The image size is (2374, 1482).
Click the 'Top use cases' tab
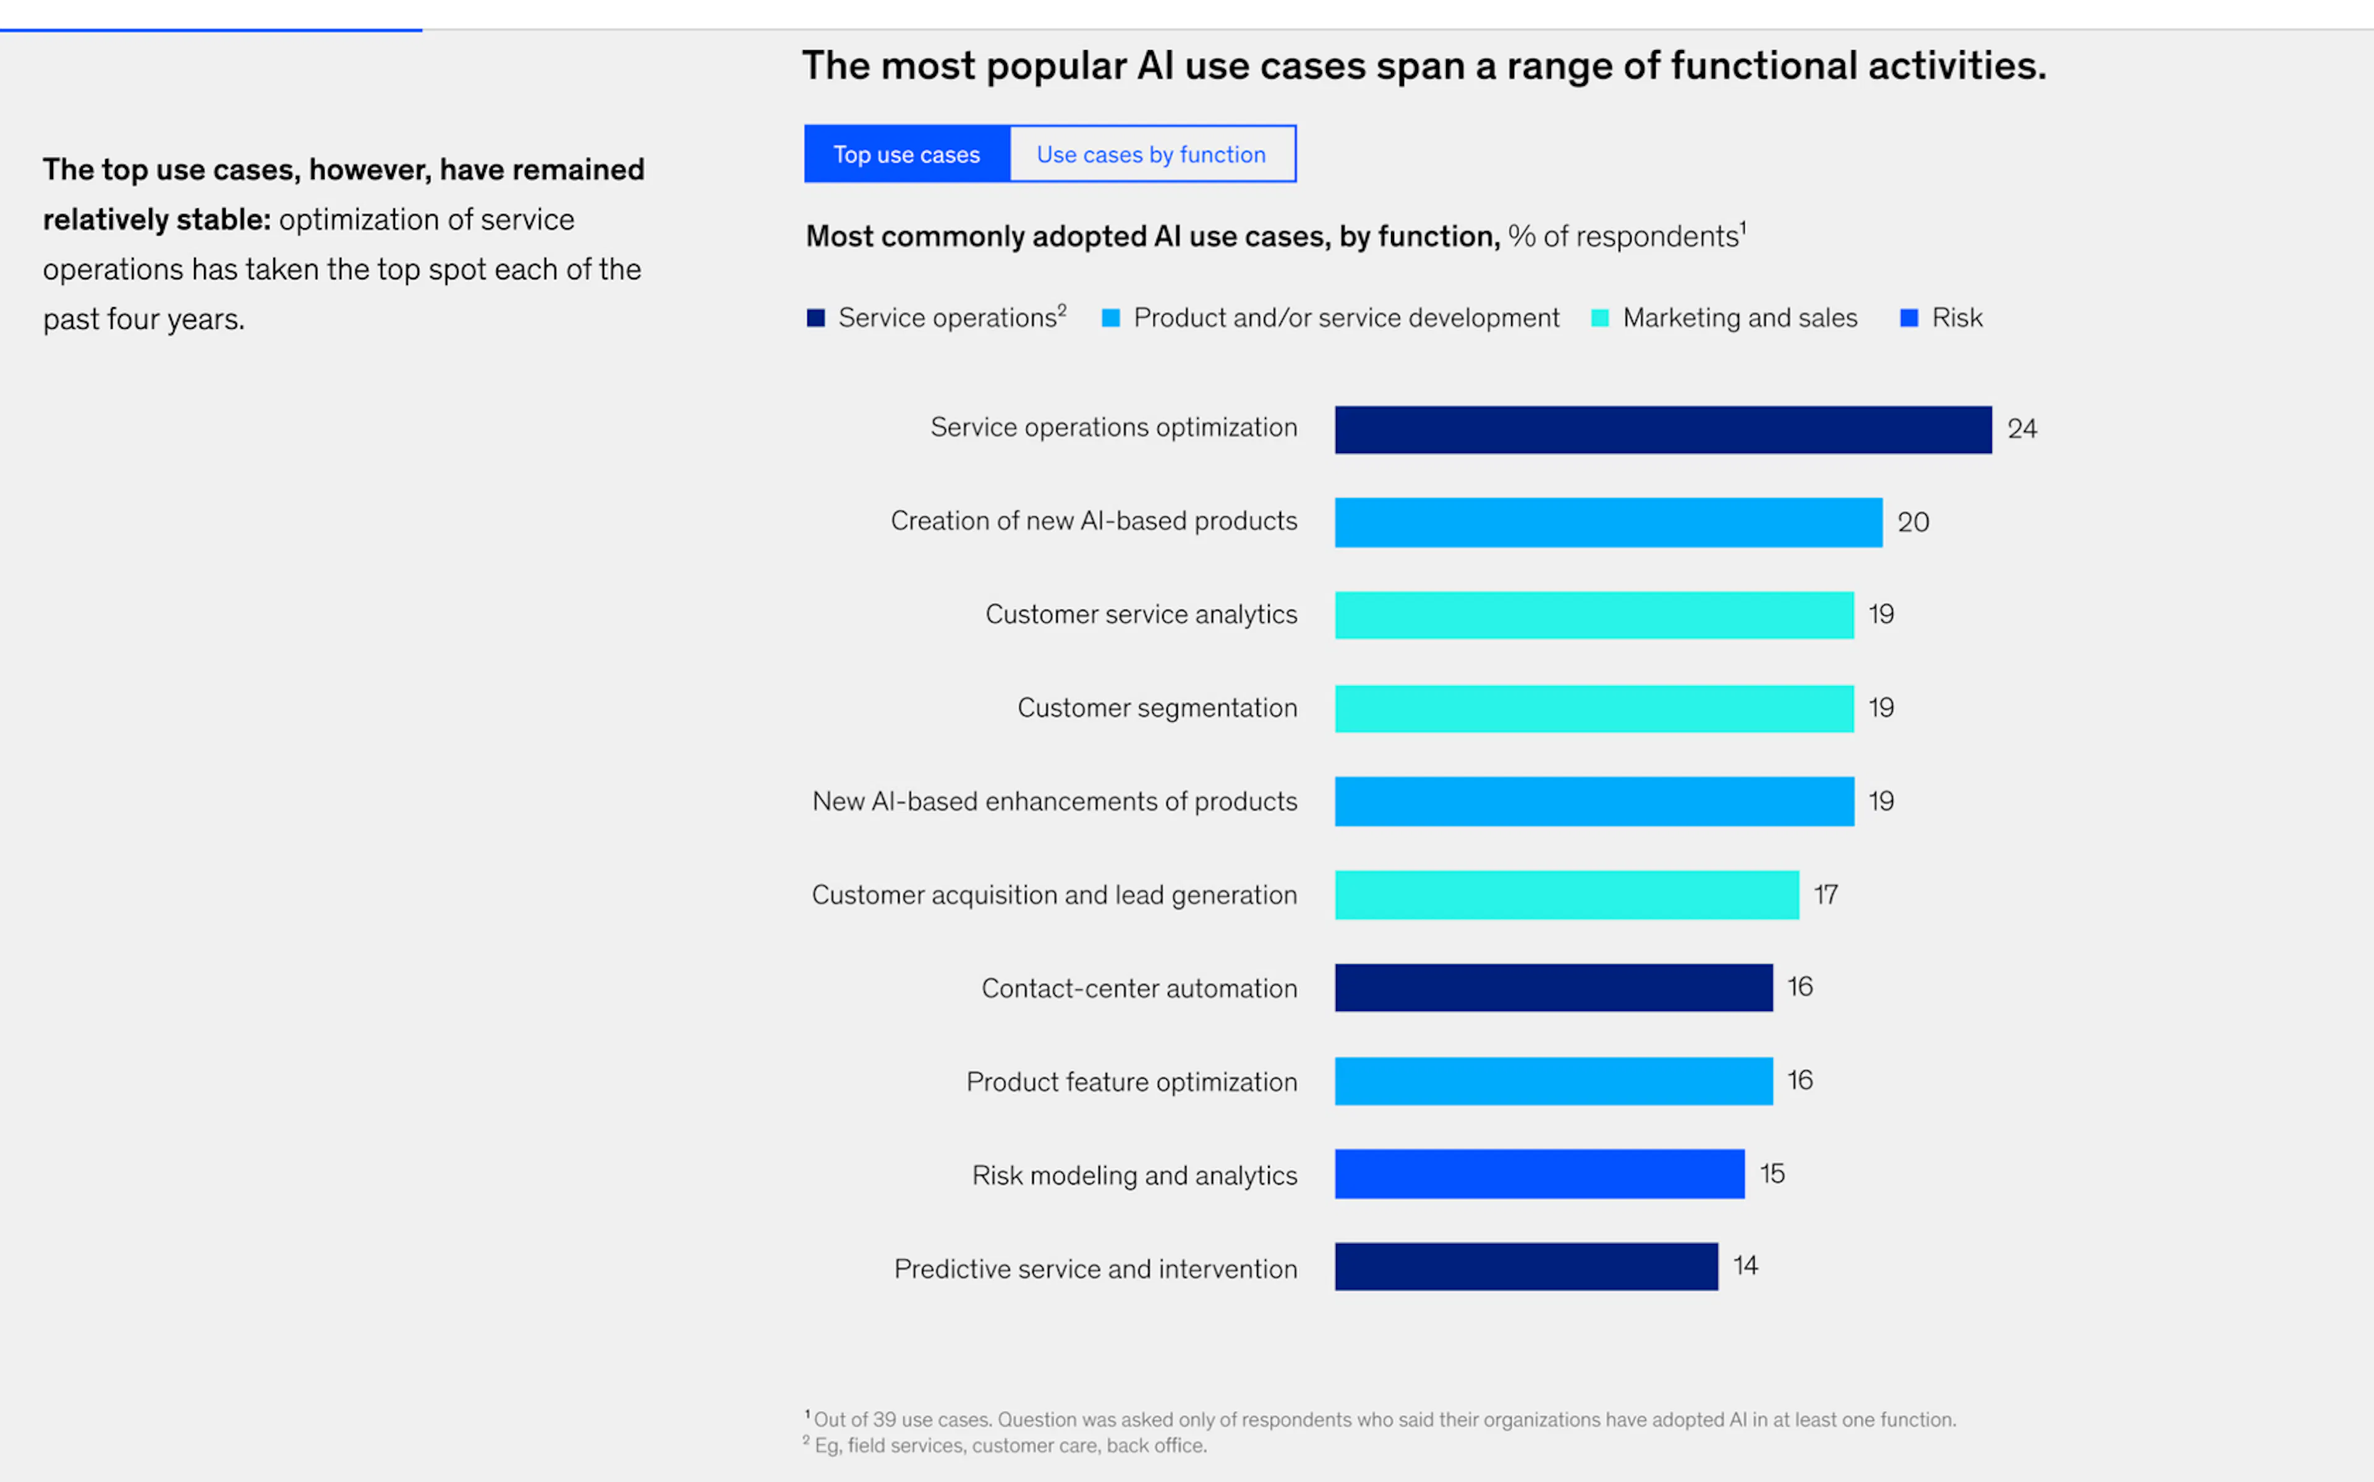pyautogui.click(x=907, y=154)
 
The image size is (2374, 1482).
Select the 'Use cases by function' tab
pyautogui.click(x=1152, y=154)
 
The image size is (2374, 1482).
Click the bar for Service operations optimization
pyautogui.click(x=1662, y=430)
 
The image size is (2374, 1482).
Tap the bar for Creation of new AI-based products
pyautogui.click(x=1609, y=522)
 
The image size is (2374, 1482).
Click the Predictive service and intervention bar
pyautogui.click(x=1526, y=1266)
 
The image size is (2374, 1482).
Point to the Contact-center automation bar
pyautogui.click(x=1554, y=987)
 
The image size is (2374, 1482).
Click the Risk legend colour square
pyautogui.click(x=1908, y=318)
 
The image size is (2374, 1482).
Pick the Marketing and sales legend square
pyautogui.click(x=1599, y=318)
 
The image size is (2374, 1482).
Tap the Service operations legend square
pyautogui.click(x=815, y=318)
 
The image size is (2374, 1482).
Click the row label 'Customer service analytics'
pyautogui.click(x=1141, y=614)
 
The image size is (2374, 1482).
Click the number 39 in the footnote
pyautogui.click(x=884, y=1419)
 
